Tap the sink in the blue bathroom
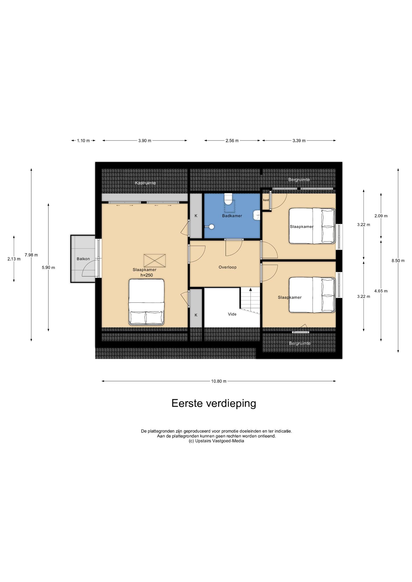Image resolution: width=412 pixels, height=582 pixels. [257, 215]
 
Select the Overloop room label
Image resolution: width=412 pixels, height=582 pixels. [228, 267]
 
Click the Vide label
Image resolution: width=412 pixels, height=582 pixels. [232, 314]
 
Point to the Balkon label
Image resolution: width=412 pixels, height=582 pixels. [83, 259]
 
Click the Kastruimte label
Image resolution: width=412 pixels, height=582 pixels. [145, 183]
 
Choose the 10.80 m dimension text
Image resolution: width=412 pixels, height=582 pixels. [219, 381]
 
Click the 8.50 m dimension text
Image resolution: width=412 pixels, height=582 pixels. [398, 261]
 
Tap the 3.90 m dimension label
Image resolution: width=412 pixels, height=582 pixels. [145, 141]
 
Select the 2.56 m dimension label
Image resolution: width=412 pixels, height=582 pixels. [232, 141]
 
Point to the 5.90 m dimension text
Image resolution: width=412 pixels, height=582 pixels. [48, 267]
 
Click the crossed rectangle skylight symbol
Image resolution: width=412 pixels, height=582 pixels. [154, 261]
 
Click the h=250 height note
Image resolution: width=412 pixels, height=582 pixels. [147, 275]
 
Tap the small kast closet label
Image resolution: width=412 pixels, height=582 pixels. [266, 200]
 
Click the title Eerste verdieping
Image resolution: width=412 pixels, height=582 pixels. [214, 403]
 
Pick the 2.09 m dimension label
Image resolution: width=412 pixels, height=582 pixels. [381, 216]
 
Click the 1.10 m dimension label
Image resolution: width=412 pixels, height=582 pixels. [83, 141]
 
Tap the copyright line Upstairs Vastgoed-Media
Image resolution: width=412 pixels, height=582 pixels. [216, 441]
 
